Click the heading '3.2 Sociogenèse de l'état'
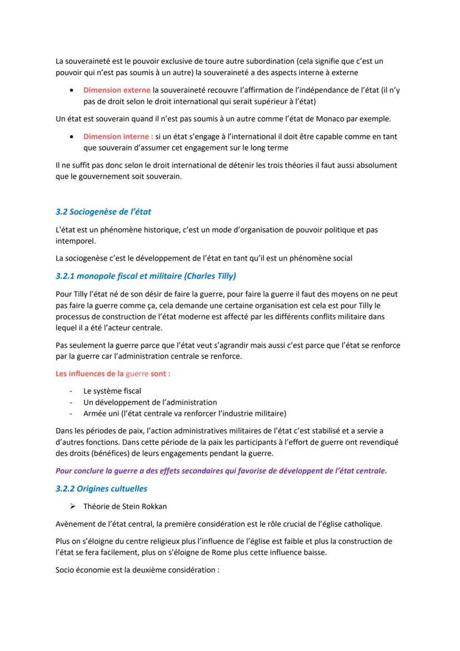coord(103,212)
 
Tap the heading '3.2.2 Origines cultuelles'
coord(101,489)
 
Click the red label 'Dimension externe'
coord(117,90)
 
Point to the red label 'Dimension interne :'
coord(118,136)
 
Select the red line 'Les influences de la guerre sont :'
coord(113,374)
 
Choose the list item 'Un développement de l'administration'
coord(150,402)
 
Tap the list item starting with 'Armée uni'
coord(184,413)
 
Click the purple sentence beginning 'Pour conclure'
coord(221,471)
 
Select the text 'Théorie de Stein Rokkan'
coord(124,506)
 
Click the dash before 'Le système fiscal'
coord(71,391)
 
